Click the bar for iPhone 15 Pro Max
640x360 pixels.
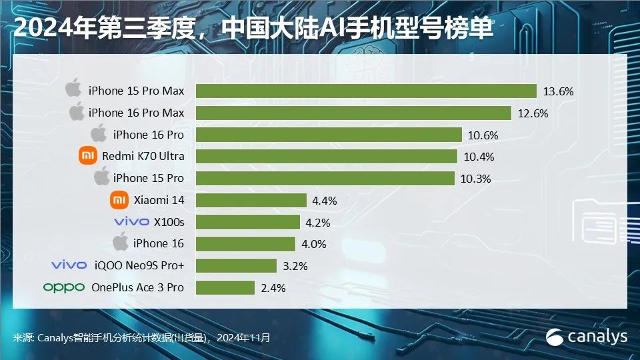[367, 91]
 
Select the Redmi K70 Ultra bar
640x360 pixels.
[327, 156]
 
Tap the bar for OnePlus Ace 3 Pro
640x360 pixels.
[225, 287]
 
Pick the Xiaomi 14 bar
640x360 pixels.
[251, 200]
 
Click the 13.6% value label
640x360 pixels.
[559, 91]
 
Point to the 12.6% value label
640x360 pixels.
[533, 113]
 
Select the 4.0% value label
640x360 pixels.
[313, 244]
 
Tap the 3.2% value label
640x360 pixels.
[295, 266]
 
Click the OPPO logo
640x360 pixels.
[64, 288]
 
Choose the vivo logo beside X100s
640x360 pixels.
[131, 222]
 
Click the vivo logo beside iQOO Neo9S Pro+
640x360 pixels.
[69, 266]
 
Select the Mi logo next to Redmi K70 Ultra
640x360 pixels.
[87, 156]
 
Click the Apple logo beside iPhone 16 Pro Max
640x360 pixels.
[77, 112]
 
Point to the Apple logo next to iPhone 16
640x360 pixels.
[121, 243]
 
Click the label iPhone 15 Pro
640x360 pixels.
[148, 178]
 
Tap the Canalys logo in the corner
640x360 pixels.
[587, 337]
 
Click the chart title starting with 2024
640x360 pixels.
[253, 29]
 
